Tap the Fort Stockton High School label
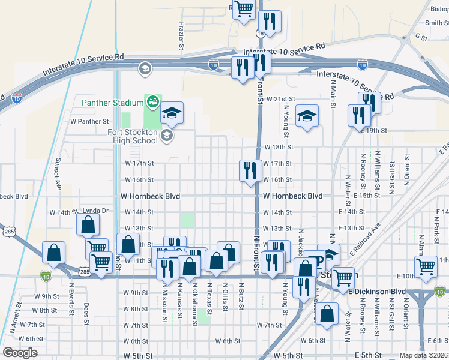click(133, 137)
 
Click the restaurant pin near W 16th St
click(250, 170)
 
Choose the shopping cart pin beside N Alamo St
click(426, 266)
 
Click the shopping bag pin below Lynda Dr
click(88, 224)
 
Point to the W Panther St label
click(89, 121)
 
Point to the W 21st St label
click(282, 98)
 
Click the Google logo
click(20, 353)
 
